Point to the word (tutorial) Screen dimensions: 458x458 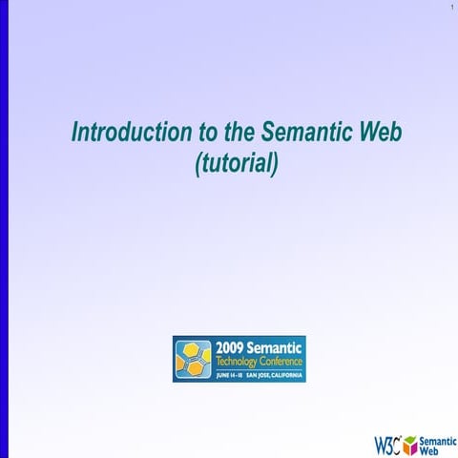[236, 163]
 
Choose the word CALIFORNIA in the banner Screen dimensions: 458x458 [288, 375]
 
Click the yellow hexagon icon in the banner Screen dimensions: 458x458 [193, 359]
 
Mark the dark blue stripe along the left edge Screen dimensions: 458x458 [4, 229]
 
